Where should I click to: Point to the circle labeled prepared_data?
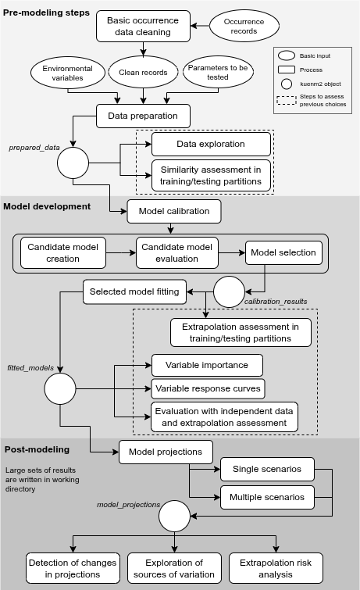(x=73, y=163)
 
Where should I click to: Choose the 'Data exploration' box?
(x=210, y=144)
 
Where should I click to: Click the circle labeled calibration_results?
(x=229, y=291)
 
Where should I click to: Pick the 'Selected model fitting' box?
(x=134, y=291)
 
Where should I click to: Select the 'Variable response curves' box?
(x=207, y=388)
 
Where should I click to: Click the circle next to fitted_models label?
(x=59, y=388)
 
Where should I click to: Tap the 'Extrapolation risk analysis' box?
(x=276, y=568)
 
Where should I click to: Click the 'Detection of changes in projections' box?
(x=73, y=568)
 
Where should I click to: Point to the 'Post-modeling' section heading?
(x=37, y=449)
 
